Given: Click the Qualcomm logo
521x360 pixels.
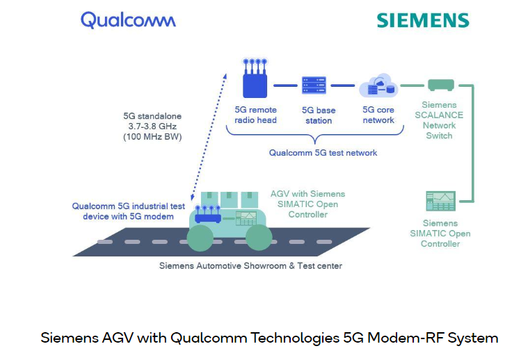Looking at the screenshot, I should (128, 19).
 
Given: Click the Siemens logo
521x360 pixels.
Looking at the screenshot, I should (423, 19).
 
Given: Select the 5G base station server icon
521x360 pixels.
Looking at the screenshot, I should (314, 85).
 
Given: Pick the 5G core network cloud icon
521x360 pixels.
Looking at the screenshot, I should (378, 87).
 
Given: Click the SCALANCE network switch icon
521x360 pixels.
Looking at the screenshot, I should (440, 85).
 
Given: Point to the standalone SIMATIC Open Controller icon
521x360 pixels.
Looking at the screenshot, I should (440, 202).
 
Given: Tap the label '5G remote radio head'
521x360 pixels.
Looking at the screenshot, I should (255, 115).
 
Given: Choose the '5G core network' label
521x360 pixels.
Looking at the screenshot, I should (378, 115).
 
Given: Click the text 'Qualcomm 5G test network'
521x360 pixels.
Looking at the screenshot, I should (323, 152).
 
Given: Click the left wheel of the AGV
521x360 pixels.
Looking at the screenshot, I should (201, 236).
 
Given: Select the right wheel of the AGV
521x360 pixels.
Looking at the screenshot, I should (259, 236).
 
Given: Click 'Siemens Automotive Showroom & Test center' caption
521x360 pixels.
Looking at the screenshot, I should (250, 265).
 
